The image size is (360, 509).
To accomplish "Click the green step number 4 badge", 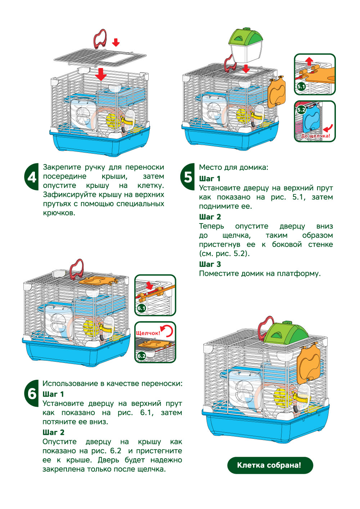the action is [32, 177].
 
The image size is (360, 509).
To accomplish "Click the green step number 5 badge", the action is [188, 177].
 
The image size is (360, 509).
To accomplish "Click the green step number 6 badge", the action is [32, 393].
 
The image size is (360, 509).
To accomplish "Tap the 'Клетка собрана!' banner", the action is [270, 465].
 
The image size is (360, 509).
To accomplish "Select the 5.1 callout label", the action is [301, 86].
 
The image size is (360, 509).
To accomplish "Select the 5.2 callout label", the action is [301, 110].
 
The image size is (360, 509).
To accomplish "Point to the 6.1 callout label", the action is [141, 308].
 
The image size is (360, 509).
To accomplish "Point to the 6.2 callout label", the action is [141, 356].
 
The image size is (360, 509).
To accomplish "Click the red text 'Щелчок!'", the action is [148, 333].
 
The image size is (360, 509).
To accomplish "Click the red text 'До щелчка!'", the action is [315, 136].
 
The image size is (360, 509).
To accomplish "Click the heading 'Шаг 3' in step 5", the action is [210, 264].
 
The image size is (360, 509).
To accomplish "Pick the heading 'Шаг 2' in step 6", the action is [53, 432].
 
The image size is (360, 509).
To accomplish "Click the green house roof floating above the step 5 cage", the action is [246, 37].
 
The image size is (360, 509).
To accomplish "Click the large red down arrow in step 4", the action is [101, 74].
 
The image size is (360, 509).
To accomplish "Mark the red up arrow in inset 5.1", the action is [309, 61].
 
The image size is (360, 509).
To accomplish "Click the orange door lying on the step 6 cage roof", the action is [98, 280].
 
